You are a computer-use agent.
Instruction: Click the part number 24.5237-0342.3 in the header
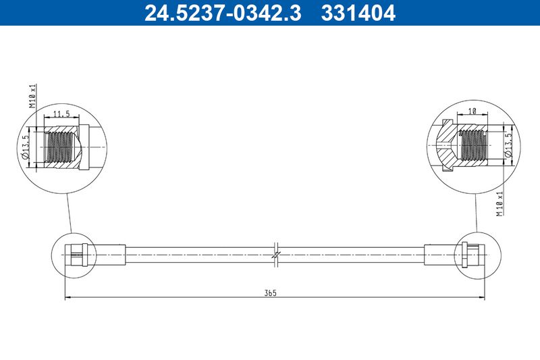click(x=223, y=13)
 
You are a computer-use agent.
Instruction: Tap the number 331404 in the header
click(x=358, y=13)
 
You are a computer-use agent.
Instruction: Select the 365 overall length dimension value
click(x=271, y=293)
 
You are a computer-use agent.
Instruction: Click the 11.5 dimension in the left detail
click(x=61, y=113)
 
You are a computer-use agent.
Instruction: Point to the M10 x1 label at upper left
click(x=32, y=96)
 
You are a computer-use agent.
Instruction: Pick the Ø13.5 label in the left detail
click(x=26, y=147)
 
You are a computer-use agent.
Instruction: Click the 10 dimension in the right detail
click(x=472, y=111)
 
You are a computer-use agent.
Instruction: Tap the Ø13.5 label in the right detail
click(x=509, y=145)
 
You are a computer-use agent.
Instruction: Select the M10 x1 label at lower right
click(x=500, y=204)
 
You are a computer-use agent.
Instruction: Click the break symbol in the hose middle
click(x=276, y=255)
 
